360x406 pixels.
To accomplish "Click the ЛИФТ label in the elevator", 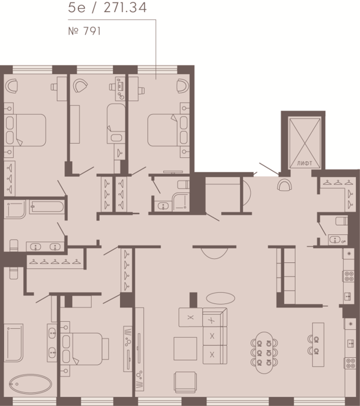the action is pos(304,164).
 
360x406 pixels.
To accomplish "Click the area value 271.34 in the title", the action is pos(125,8).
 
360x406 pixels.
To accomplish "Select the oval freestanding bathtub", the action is pos(30,384).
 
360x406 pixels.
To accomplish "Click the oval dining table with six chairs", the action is pos(264,353).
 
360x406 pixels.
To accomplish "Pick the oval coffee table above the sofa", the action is pos(221,298).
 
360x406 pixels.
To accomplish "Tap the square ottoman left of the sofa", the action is pos(185,348).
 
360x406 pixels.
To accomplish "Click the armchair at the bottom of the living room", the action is pos(185,382).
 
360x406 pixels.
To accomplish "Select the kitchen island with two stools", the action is pos(316,345).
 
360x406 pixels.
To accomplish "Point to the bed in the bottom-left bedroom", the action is pos(85,349).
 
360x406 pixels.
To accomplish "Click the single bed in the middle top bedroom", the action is pos(116,124).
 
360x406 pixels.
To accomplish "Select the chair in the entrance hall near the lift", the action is pos(285,185).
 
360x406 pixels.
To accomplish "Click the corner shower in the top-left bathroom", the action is pos(15,209).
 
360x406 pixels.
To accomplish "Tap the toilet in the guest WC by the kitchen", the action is pos(342,221).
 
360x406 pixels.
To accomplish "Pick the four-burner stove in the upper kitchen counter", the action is pos(348,276).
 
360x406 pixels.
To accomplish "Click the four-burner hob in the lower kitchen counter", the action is pos(350,363).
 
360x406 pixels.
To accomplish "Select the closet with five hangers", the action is pos(56,262).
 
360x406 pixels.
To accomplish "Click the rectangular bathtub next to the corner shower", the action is pos(46,207).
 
